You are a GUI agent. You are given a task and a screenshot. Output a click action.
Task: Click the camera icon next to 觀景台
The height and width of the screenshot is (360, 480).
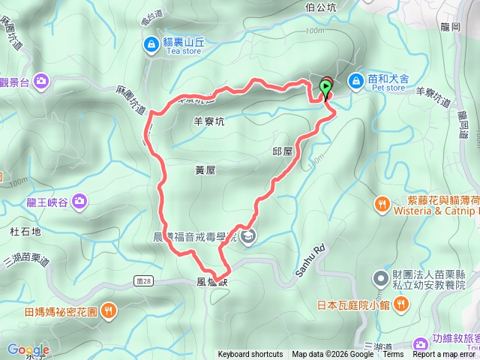coord(40,79)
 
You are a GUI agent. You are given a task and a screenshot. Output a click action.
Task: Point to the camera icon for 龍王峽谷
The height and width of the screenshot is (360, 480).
coord(80,201)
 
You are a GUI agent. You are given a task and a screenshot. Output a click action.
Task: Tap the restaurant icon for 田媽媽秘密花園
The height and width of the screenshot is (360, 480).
coord(109,310)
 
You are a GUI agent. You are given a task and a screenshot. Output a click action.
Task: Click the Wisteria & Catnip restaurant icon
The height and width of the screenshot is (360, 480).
coord(382,204)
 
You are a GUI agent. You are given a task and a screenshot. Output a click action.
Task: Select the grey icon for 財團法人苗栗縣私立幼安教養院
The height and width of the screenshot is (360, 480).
coord(381,279)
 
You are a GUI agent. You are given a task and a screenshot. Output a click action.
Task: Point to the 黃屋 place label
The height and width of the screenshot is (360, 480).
coord(204,170)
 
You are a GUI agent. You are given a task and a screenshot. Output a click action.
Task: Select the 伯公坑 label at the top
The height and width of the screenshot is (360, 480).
coord(320,7)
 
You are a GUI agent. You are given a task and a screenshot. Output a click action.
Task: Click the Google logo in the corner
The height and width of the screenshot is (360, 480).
coord(28,349)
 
